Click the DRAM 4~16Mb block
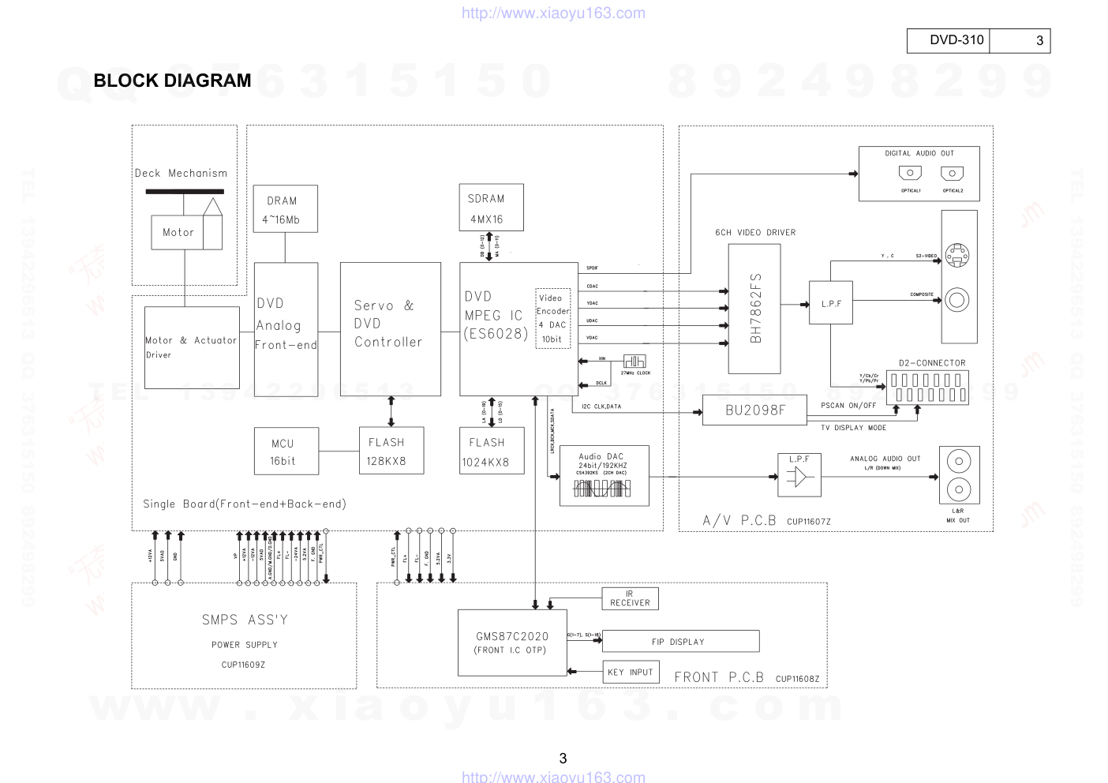(x=285, y=209)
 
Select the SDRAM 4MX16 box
(x=491, y=208)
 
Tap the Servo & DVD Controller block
(x=390, y=328)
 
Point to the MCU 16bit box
(x=286, y=451)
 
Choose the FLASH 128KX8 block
(x=391, y=451)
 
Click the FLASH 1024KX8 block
(x=491, y=451)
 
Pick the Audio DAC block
(x=604, y=475)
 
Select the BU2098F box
(x=755, y=410)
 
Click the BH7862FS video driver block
(x=754, y=309)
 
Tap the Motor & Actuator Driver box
(x=192, y=347)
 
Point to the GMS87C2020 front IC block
(x=512, y=643)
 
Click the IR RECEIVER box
(x=630, y=598)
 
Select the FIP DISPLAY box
(x=680, y=641)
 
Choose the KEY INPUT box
(x=630, y=672)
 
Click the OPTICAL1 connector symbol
(x=910, y=174)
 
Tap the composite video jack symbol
(x=958, y=300)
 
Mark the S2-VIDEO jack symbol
(x=957, y=254)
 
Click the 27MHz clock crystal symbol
(x=634, y=362)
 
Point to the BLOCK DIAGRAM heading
(x=172, y=81)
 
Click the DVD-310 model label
(x=956, y=40)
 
